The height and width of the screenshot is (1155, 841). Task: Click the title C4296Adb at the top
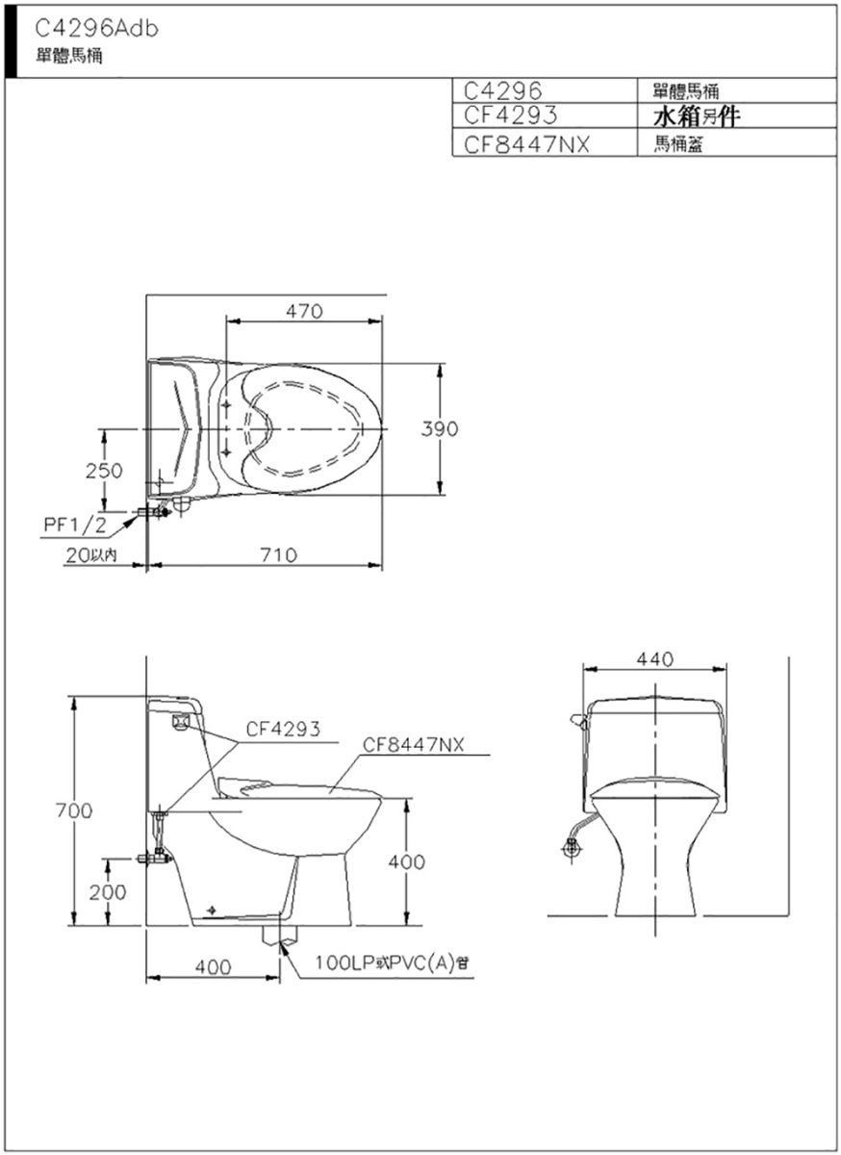(x=96, y=30)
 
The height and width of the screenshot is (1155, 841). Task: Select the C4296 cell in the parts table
(x=502, y=91)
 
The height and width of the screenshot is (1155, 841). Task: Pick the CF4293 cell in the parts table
(x=511, y=115)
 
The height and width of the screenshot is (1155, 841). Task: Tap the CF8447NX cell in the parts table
(x=526, y=145)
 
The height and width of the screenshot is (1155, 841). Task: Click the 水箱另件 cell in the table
(x=696, y=117)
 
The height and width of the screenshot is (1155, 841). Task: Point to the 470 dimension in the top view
(x=304, y=311)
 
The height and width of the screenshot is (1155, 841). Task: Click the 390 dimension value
(x=440, y=428)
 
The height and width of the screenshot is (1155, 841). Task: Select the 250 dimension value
(x=104, y=471)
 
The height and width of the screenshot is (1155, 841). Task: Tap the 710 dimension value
(x=278, y=554)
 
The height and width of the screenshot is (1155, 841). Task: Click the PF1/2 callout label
(x=75, y=525)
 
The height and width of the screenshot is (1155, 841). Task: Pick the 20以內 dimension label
(x=90, y=554)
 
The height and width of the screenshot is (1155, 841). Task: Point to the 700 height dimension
(x=74, y=810)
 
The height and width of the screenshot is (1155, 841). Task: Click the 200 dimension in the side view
(x=107, y=892)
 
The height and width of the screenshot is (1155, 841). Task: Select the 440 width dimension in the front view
(x=655, y=659)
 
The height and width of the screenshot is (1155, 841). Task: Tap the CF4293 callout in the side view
(x=283, y=729)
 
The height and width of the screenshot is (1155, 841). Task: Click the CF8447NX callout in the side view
(x=413, y=745)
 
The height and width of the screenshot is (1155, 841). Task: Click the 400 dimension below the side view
(x=213, y=966)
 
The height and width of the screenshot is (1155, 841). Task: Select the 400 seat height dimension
(x=407, y=861)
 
